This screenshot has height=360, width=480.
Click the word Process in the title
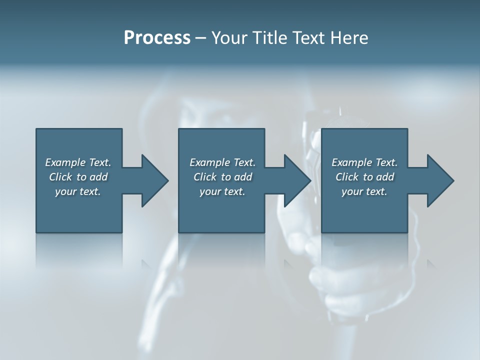[157, 38]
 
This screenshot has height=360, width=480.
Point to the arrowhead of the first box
[154, 180]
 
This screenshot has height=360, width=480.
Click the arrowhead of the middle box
[297, 180]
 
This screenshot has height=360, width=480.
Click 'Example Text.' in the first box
[78, 162]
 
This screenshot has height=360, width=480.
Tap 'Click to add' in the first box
[78, 177]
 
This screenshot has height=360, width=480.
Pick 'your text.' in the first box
[78, 191]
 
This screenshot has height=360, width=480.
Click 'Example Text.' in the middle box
[222, 162]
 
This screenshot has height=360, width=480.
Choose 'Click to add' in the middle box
[222, 177]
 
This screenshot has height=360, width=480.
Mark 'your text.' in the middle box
[222, 191]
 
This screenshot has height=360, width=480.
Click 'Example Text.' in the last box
[364, 162]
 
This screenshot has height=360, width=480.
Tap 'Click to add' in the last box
[364, 177]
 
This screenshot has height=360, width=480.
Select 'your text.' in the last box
[364, 191]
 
